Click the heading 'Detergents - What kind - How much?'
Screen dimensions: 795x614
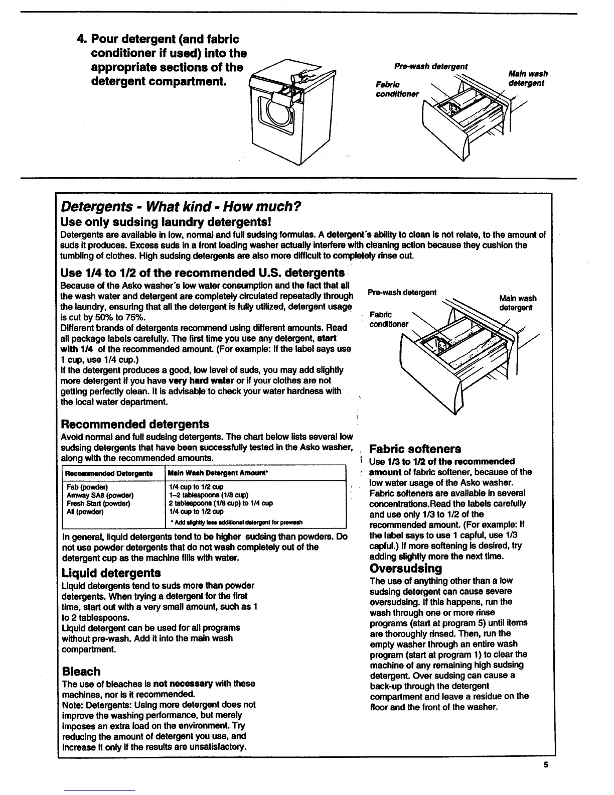(x=181, y=206)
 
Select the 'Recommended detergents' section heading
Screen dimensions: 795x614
(x=135, y=424)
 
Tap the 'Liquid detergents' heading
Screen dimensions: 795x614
(x=111, y=573)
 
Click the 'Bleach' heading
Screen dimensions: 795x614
(x=81, y=671)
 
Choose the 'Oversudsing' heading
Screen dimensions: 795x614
(x=406, y=568)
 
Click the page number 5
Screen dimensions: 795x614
(x=546, y=765)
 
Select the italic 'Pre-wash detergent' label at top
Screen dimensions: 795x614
(x=431, y=66)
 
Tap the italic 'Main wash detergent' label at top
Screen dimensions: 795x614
(x=527, y=78)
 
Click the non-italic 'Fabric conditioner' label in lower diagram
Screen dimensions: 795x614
(x=389, y=319)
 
